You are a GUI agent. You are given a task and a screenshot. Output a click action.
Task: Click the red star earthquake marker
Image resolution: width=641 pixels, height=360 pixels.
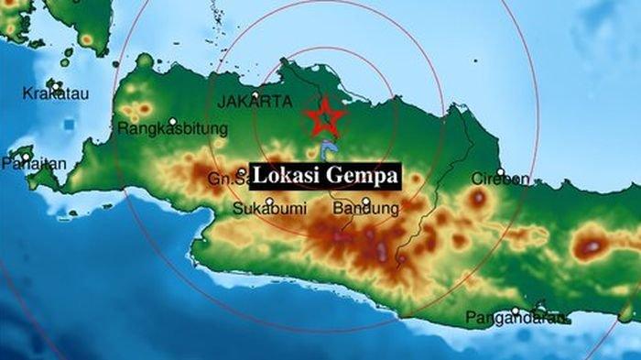pos(324,117)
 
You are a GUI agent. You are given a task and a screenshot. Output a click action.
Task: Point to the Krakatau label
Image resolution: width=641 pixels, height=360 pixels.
pos(49,94)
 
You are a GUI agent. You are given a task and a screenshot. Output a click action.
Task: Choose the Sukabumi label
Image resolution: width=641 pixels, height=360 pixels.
pos(235,208)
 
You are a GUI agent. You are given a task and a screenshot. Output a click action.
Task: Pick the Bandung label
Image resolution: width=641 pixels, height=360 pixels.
pos(365,209)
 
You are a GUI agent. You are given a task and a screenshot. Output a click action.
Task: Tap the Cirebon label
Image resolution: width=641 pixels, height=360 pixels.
pos(500,179)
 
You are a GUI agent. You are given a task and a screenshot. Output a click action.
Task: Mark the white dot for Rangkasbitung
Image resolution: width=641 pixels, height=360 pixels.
pos(172,120)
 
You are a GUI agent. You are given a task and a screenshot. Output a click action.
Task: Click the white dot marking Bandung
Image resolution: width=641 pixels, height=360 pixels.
pos(365,202)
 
